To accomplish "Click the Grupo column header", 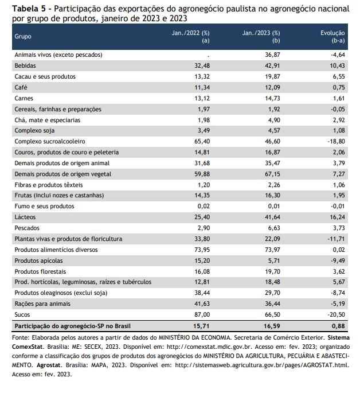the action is (x=23, y=36).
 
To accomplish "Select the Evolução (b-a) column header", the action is (x=332, y=37).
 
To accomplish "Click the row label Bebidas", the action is (x=25, y=65).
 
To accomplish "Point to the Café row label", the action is (x=21, y=87).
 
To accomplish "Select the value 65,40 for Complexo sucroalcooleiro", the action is (x=202, y=141).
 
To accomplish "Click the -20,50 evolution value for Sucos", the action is (x=336, y=314).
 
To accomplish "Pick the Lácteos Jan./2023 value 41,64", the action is (x=273, y=217).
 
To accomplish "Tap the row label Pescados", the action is (x=27, y=228).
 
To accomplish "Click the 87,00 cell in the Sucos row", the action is (x=202, y=314).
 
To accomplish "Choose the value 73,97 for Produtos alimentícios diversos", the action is (x=273, y=250).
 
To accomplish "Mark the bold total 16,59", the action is (x=272, y=326).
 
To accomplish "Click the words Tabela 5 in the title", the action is (x=29, y=9).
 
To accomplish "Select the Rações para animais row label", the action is (x=42, y=303).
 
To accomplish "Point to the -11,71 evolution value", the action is (x=336, y=239).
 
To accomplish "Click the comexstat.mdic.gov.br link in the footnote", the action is (x=210, y=347).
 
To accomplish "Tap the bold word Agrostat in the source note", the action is (x=49, y=365).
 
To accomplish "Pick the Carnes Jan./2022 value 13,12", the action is (x=202, y=98).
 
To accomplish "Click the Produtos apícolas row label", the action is (x=38, y=260).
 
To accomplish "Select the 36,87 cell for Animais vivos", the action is (x=273, y=55).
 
